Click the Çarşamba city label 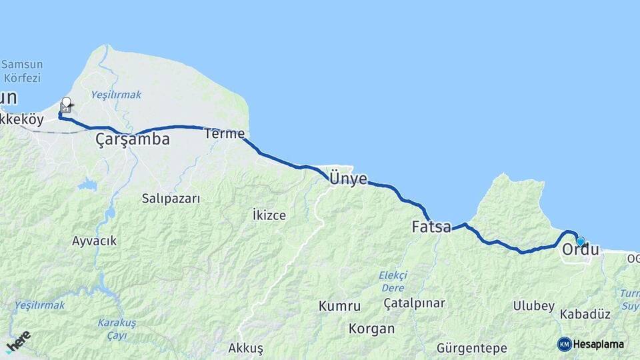[x=132, y=139]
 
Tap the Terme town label [x=225, y=133]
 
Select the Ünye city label [x=348, y=178]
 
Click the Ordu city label [x=581, y=251]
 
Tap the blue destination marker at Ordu [x=581, y=241]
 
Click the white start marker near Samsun [x=66, y=103]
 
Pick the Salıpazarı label [x=171, y=198]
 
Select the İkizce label [x=269, y=215]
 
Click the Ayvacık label [x=95, y=241]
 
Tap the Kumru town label [x=340, y=306]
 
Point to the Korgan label [x=371, y=329]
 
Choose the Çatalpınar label [x=414, y=303]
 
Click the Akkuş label [x=246, y=348]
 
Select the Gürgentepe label [x=472, y=348]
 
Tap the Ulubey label [x=533, y=306]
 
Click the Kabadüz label [x=585, y=314]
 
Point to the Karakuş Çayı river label [x=117, y=329]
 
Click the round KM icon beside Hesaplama [x=564, y=344]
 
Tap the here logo [x=19, y=341]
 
